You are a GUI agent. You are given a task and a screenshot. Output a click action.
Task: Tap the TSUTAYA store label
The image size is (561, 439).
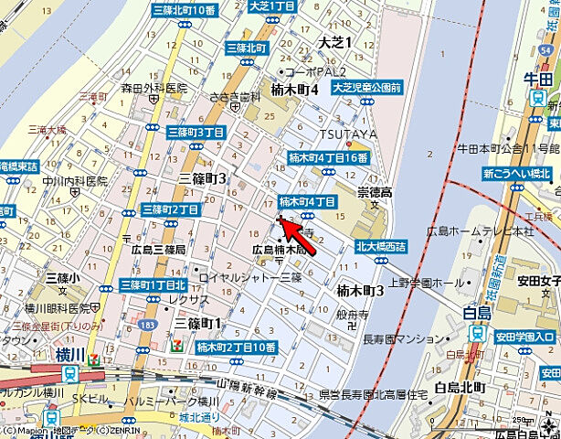pos(335,134)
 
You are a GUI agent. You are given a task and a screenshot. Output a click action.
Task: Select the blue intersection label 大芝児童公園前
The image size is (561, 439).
pos(366,88)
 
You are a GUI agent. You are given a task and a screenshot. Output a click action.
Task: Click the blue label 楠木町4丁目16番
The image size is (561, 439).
pos(328,157)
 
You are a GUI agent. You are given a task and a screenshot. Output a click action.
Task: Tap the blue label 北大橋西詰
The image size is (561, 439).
pos(382,246)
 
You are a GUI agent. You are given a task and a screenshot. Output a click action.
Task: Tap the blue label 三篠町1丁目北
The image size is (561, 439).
pos(153,284)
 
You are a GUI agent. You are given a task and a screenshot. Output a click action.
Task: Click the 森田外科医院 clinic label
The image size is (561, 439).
pos(153,89)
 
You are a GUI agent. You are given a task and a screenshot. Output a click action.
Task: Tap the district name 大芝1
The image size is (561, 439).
pos(334,43)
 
